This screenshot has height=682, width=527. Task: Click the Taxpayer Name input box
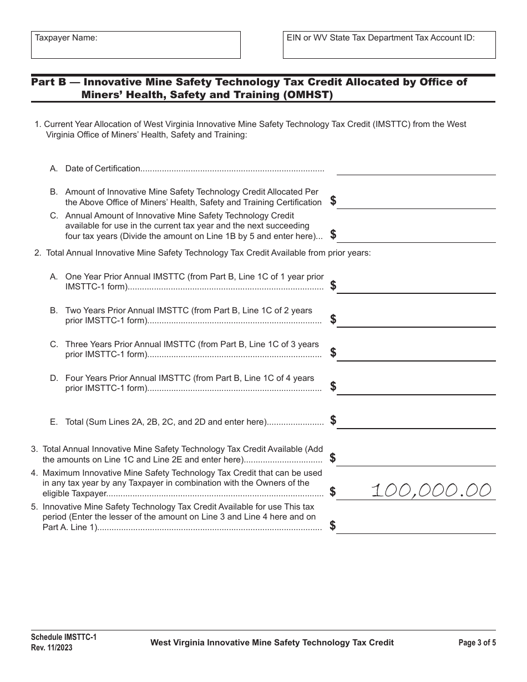[136, 45]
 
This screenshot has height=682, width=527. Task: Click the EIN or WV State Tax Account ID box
[389, 45]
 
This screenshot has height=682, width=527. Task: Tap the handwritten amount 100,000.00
[431, 490]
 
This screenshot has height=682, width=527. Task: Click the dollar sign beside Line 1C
[333, 234]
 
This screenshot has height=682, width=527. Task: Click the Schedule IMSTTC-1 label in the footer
[64, 638]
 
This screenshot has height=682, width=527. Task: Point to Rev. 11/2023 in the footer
[52, 647]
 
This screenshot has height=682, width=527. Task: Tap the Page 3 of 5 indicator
[477, 643]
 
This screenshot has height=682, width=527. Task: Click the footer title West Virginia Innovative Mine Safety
[272, 643]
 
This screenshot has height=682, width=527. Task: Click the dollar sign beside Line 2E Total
[333, 420]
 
